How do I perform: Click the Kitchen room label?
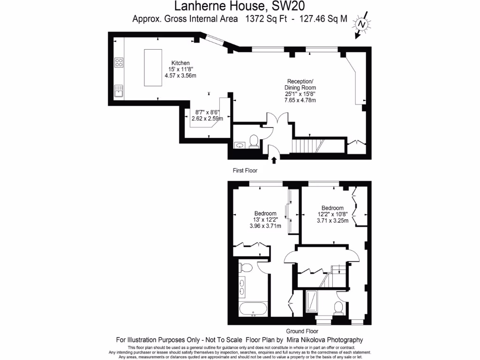180,63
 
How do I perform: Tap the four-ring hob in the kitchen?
119,62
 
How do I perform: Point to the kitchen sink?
119,90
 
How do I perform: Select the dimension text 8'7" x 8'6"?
207,112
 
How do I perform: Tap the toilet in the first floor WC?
254,140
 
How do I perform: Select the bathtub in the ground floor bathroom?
253,309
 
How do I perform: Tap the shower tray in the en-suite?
311,302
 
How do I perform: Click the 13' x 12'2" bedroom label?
265,219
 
